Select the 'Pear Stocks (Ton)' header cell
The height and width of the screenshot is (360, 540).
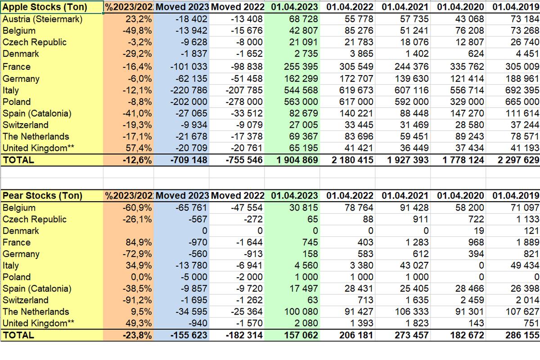[x=42, y=196]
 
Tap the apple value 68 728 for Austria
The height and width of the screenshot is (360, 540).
[x=301, y=19]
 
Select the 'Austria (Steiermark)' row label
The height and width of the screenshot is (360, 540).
[x=42, y=19]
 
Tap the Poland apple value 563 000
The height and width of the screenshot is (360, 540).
[x=301, y=102]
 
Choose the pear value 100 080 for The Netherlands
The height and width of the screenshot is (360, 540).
[x=300, y=312]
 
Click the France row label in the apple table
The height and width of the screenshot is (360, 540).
[x=17, y=67]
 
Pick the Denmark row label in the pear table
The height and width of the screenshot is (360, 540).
[x=21, y=231]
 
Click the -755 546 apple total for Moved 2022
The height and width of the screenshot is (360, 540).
[x=241, y=160]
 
